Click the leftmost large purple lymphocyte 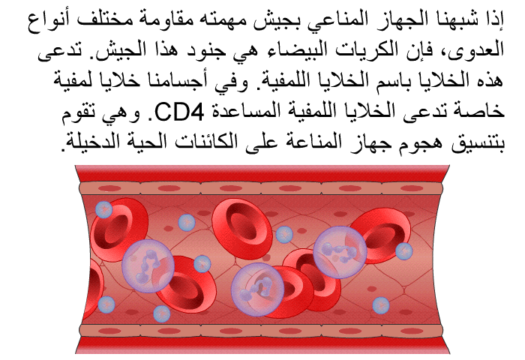point(148,266)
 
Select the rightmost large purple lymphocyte point(340,252)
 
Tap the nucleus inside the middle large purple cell point(259,288)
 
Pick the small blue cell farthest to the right point(404,251)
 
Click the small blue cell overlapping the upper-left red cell point(103,210)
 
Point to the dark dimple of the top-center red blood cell point(241,222)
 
